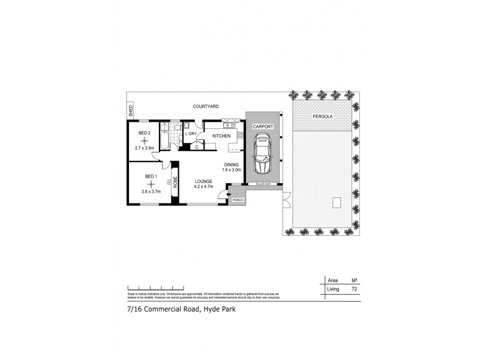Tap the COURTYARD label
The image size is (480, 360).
[x=205, y=106]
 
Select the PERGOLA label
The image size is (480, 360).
[x=323, y=116]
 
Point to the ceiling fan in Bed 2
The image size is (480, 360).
[x=145, y=140]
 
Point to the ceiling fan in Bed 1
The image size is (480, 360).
[x=151, y=184]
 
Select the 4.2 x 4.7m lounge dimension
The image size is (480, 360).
[x=204, y=187]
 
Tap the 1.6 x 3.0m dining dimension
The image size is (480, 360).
[x=232, y=170]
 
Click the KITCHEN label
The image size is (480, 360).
[x=221, y=137]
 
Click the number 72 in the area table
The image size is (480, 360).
[x=354, y=289]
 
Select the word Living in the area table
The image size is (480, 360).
[x=333, y=289]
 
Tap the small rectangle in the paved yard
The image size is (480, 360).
[x=336, y=203]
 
